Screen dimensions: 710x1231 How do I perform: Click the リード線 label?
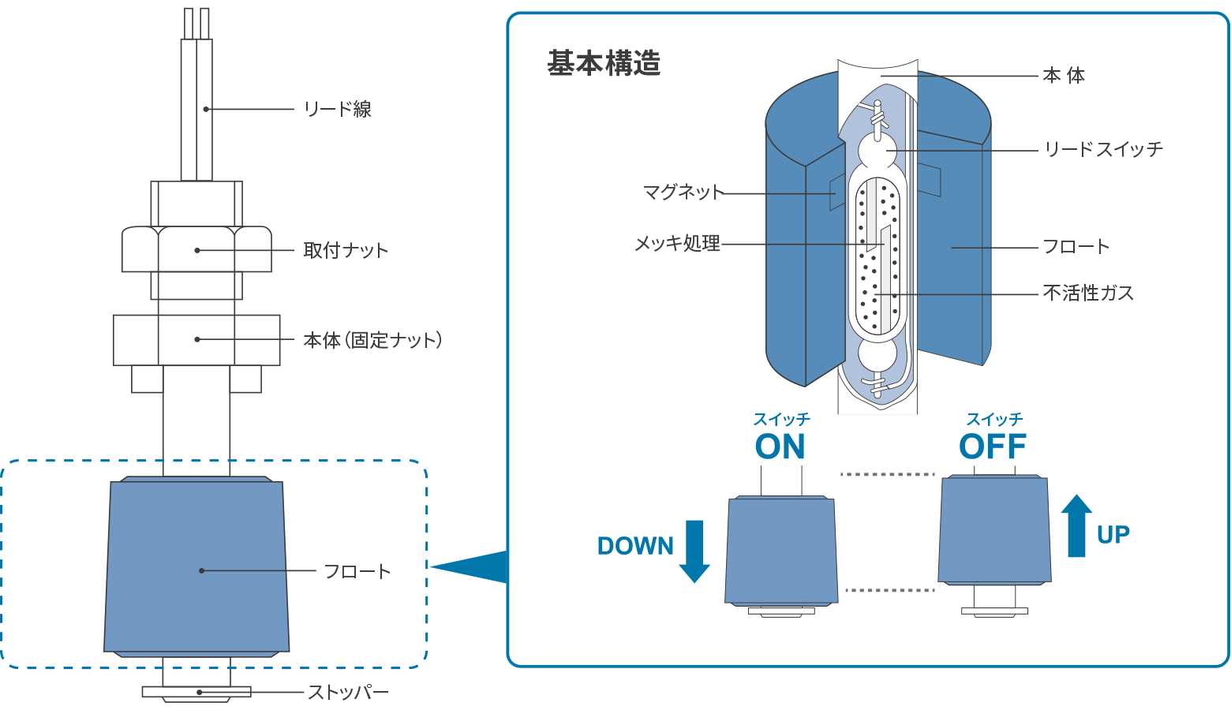(x=337, y=109)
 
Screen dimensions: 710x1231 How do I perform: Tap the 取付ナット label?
(x=346, y=250)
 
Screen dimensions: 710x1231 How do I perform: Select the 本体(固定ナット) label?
(x=372, y=340)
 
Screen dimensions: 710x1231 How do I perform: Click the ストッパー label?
(x=347, y=693)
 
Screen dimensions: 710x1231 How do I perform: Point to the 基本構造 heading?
(x=604, y=63)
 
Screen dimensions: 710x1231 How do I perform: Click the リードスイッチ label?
(x=1102, y=149)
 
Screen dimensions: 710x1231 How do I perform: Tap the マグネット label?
(x=683, y=192)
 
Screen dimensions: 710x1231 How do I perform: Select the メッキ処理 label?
(x=678, y=244)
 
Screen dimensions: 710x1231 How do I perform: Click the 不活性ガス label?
(x=1088, y=293)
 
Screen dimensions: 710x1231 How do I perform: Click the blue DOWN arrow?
(x=694, y=551)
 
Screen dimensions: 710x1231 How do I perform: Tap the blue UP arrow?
(x=1076, y=526)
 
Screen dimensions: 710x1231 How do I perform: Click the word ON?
(x=780, y=447)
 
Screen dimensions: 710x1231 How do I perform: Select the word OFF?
(x=993, y=447)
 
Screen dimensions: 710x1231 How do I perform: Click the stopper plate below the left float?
(x=196, y=692)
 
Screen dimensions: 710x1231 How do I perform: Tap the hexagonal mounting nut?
(x=196, y=249)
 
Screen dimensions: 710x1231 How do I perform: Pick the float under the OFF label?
(x=994, y=530)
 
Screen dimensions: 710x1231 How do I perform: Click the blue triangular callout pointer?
(x=473, y=566)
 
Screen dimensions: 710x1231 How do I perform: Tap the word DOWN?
(x=635, y=546)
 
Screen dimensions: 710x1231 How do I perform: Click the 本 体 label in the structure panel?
(x=1063, y=76)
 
